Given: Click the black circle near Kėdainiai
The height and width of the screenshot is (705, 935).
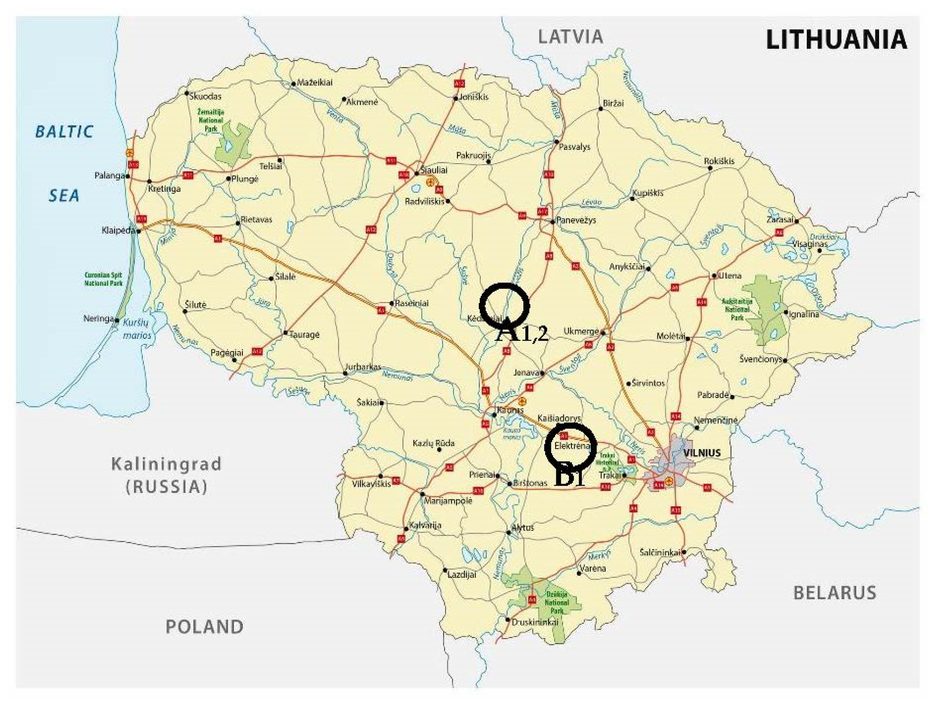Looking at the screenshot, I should click(504, 305).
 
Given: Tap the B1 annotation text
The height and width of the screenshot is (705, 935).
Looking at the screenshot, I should click(569, 478).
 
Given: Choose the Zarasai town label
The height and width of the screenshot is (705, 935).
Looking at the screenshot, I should click(780, 220).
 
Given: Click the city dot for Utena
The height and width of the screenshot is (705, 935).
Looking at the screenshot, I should click(714, 276).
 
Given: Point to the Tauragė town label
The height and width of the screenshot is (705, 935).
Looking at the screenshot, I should click(304, 334).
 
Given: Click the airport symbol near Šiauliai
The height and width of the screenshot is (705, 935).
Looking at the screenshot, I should click(430, 182).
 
